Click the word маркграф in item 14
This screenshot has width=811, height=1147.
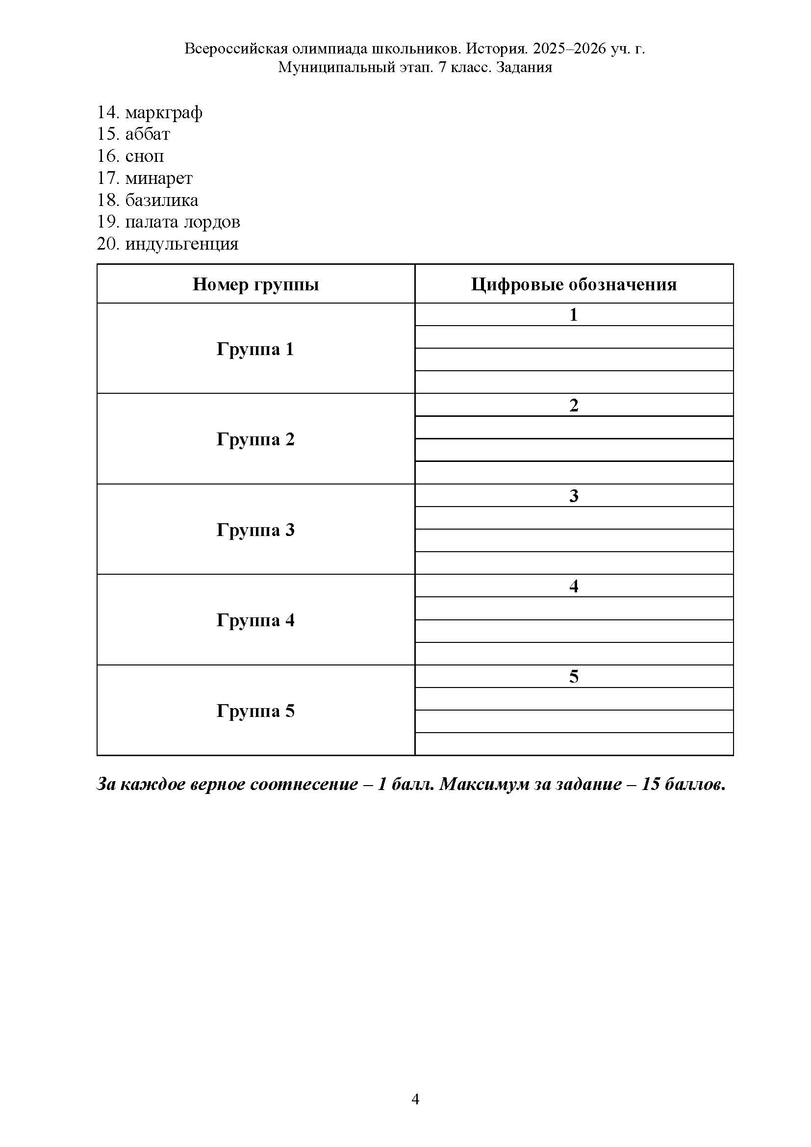coord(163,113)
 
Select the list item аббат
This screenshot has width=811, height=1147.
coord(147,134)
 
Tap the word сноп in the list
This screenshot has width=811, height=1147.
coord(144,156)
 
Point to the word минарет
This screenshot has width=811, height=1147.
coord(159,178)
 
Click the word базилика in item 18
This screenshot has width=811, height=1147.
coord(161,201)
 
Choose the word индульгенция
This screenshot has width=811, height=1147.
coord(182,244)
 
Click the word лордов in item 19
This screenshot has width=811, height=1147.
coord(212,222)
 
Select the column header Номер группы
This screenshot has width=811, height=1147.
coord(255,284)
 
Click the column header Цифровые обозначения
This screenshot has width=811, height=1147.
coord(574,284)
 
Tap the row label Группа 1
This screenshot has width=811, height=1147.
coord(255,349)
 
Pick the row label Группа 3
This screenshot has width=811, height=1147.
coord(255,530)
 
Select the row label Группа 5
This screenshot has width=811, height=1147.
coord(255,711)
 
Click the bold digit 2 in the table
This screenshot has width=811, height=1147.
coord(574,405)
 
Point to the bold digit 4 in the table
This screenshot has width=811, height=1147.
coord(574,586)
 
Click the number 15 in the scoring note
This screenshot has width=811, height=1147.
coord(651,784)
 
